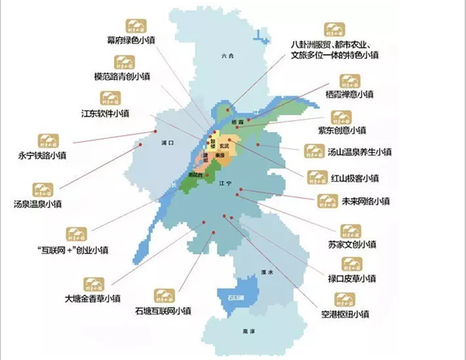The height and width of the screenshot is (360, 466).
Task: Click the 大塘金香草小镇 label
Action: point(93,298)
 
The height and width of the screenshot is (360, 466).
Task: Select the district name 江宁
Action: point(225,184)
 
